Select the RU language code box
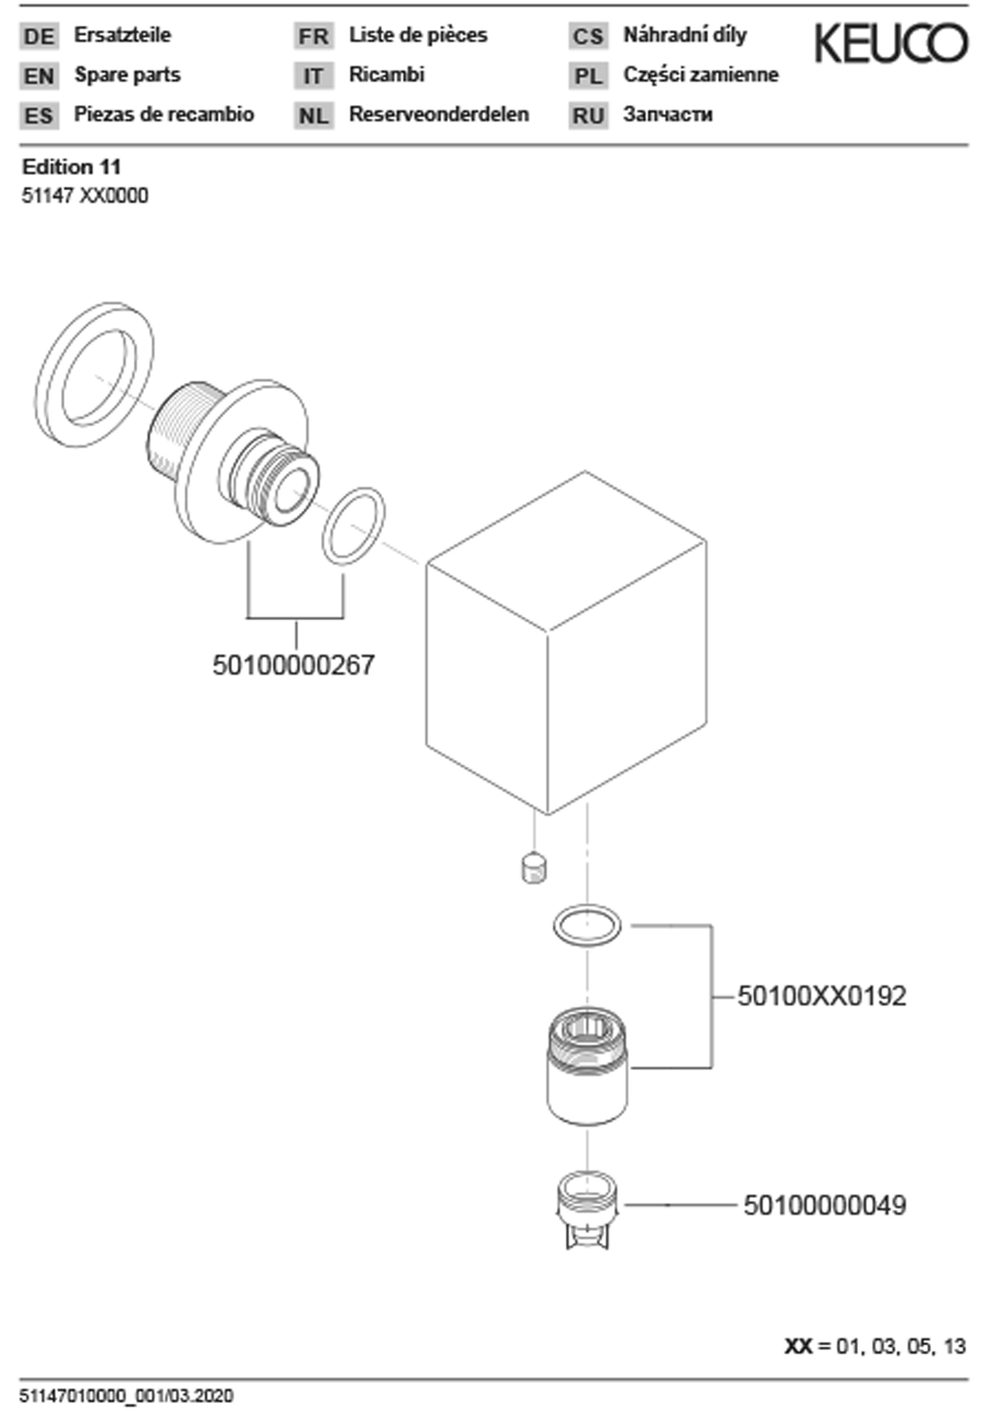coord(588,116)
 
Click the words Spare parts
coord(127,75)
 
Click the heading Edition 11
coord(72,167)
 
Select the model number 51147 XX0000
coord(86,196)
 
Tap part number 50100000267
coord(293,665)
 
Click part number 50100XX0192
coord(822,996)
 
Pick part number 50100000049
coord(825,1205)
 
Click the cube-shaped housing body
coord(566,642)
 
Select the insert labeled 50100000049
coord(587,1210)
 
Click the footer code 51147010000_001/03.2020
coord(127,1395)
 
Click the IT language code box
coord(314,76)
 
